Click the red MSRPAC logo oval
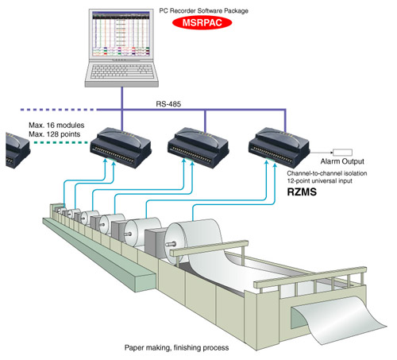(x=202, y=22)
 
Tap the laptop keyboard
(x=122, y=71)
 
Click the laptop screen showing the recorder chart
(x=121, y=34)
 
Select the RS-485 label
(x=168, y=104)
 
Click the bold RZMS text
(x=302, y=192)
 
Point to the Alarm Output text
(x=342, y=161)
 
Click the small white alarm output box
(x=342, y=153)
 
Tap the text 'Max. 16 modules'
(x=56, y=125)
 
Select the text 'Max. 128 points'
(x=55, y=134)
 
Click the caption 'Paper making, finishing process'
(x=176, y=347)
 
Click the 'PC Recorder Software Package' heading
(x=203, y=11)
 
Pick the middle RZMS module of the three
(x=198, y=147)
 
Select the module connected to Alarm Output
(x=279, y=147)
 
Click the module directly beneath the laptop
(x=121, y=148)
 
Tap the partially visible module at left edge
(x=17, y=149)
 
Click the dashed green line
(x=61, y=142)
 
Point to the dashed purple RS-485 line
(x=58, y=110)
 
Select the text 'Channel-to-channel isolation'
(x=327, y=173)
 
